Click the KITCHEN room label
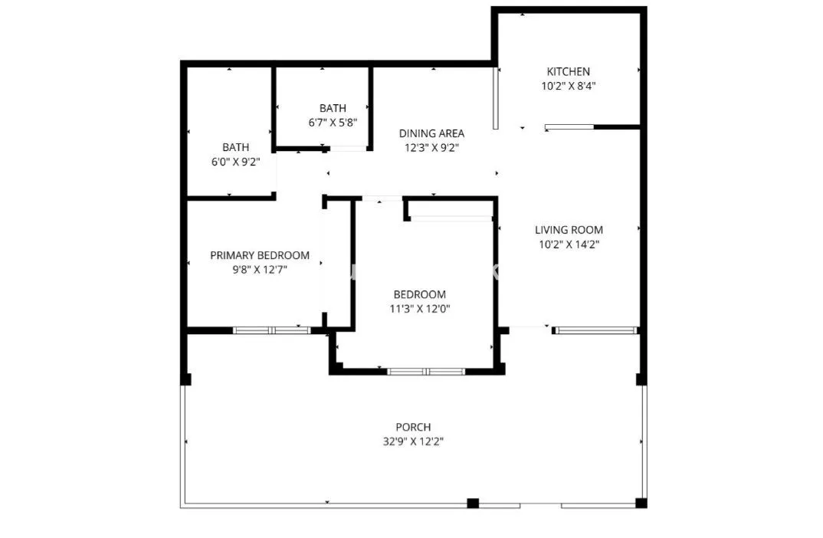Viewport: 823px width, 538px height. click(x=568, y=71)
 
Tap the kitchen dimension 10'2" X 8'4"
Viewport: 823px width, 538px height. click(x=569, y=86)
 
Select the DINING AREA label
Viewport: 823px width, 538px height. click(x=431, y=133)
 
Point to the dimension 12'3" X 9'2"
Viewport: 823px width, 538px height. click(x=431, y=148)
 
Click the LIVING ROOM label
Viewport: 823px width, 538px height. click(x=569, y=230)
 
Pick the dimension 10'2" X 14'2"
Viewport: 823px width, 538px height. click(x=569, y=244)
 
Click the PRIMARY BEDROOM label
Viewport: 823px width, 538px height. click(x=260, y=256)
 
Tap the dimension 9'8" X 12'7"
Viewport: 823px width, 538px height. click(x=260, y=270)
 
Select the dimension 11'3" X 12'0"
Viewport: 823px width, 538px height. click(x=420, y=309)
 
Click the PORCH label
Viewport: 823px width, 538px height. click(x=414, y=427)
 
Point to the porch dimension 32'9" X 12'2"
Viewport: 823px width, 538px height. click(x=413, y=442)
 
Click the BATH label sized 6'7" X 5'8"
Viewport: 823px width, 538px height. click(x=333, y=108)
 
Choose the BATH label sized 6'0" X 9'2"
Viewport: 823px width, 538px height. click(x=236, y=147)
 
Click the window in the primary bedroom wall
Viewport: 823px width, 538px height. click(x=272, y=330)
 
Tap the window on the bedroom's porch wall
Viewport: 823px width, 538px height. click(x=426, y=372)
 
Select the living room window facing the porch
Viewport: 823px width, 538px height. click(x=595, y=330)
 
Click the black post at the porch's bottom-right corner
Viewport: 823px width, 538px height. click(x=641, y=503)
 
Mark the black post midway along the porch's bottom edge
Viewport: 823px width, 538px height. click(x=473, y=503)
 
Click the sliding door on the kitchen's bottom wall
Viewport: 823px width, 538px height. click(x=569, y=127)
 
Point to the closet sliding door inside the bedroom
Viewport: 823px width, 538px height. click(x=451, y=218)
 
